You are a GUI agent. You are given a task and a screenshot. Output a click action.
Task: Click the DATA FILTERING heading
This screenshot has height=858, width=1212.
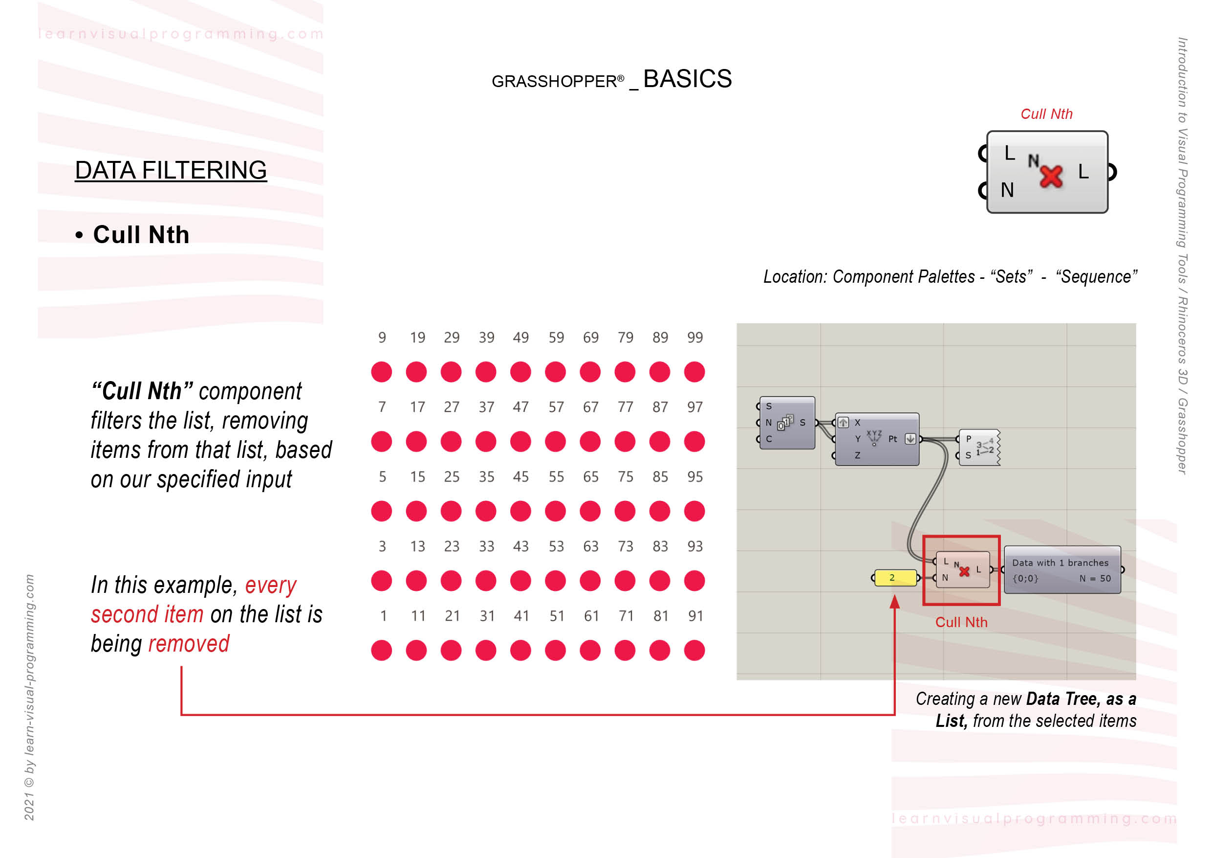pos(171,170)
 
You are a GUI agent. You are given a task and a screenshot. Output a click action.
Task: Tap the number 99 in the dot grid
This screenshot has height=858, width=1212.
pos(694,337)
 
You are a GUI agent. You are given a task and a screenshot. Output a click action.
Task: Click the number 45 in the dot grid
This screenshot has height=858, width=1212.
pos(520,476)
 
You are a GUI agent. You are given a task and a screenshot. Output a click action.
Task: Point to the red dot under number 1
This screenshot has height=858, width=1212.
pos(382,651)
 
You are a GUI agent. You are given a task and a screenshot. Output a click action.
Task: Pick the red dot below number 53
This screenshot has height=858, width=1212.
pos(555,581)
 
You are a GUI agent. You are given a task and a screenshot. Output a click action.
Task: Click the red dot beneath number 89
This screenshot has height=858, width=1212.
pos(660,371)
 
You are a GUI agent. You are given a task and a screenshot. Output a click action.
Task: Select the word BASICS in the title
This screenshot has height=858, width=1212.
pos(687,79)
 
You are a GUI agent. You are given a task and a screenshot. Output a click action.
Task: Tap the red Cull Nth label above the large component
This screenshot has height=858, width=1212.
pos(1046,114)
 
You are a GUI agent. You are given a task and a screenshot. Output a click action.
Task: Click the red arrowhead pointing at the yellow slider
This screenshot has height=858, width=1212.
pos(894,602)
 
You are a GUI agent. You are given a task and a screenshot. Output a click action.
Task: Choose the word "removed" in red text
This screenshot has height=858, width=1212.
pos(189,644)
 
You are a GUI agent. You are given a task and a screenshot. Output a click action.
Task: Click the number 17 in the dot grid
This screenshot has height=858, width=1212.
pos(417,407)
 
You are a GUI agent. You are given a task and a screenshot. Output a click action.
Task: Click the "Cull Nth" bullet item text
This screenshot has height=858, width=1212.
pos(141,235)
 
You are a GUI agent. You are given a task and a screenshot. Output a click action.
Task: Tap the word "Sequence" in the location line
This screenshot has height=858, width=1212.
pos(1096,276)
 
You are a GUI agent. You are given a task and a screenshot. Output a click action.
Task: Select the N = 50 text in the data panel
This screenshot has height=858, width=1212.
pos(1095,579)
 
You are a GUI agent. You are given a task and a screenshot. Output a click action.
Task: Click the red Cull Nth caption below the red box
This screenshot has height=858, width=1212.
pos(961,622)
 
